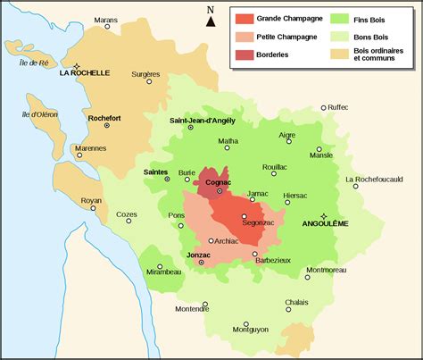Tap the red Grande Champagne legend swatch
[x=243, y=17]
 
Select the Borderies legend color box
[x=243, y=55]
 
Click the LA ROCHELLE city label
[x=84, y=75]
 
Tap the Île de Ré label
[x=34, y=63]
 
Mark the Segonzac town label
[x=258, y=223]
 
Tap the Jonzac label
[x=198, y=255]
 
